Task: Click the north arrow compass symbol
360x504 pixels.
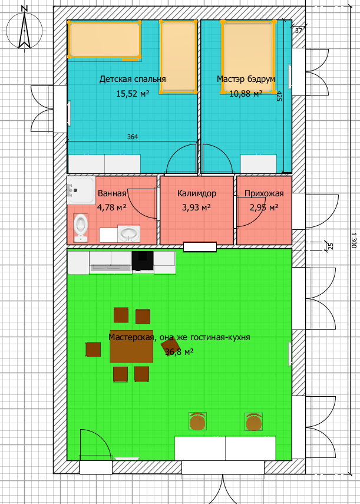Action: (24, 29)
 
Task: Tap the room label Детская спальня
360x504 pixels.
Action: (133, 79)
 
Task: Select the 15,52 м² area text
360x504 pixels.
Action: (133, 94)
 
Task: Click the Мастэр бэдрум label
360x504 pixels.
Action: (246, 79)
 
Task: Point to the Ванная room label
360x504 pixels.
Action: (112, 193)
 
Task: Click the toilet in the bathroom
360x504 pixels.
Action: (81, 228)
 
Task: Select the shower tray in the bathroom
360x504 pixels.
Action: (81, 190)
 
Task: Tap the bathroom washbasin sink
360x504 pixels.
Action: (129, 233)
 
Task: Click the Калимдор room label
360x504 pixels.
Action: (197, 193)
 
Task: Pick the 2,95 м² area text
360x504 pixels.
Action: (264, 207)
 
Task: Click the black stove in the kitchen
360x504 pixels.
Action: (143, 261)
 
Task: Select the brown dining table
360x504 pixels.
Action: (131, 347)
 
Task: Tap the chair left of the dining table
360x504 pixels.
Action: (93, 350)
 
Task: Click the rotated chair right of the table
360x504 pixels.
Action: (169, 347)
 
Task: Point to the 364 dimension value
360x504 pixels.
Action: (133, 137)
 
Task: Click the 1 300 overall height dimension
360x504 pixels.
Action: (354, 240)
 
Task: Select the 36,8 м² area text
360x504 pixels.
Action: (179, 352)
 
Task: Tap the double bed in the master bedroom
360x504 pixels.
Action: (248, 57)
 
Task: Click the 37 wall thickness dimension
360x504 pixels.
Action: (298, 31)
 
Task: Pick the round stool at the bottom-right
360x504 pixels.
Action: (254, 421)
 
